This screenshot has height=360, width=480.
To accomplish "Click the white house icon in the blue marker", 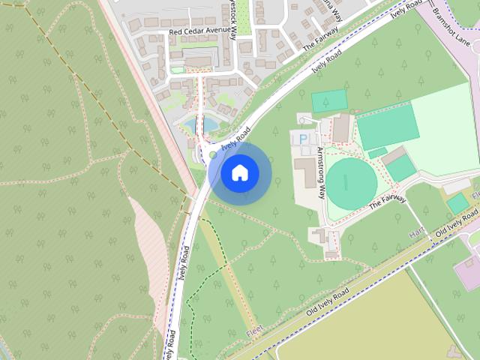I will point(239,172).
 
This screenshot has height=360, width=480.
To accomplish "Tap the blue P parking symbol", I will point(303,139).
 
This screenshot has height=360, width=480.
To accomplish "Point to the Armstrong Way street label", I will point(322,172).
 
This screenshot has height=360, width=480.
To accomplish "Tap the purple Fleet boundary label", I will point(256,331).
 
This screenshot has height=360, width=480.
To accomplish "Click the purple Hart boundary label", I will point(417,235).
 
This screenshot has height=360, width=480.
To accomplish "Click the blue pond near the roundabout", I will point(208,124).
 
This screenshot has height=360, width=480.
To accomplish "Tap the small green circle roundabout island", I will point(213,155).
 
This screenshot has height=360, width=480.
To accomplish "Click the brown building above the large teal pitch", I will point(341,129).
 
